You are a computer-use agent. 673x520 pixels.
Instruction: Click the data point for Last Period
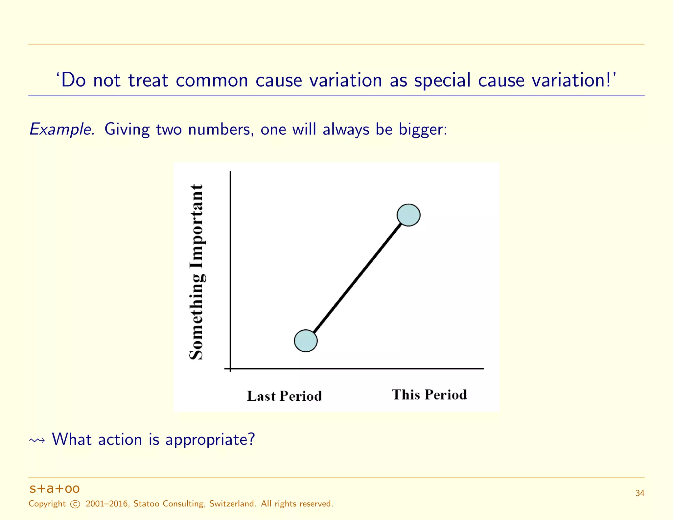tap(306, 341)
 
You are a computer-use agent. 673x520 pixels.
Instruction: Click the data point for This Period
tap(408, 215)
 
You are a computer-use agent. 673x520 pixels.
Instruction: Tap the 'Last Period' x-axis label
tap(284, 396)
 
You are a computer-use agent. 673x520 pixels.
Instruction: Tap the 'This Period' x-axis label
tap(429, 395)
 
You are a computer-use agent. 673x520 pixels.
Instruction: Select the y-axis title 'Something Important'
tap(197, 272)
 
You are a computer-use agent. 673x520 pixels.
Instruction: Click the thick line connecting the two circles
tap(357, 278)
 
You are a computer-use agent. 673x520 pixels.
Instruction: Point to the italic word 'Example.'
tap(62, 130)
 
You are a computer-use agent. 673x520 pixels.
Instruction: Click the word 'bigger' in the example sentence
tap(422, 130)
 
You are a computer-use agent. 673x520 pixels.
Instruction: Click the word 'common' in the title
tap(212, 80)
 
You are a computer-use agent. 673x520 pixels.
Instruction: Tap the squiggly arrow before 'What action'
tap(37, 440)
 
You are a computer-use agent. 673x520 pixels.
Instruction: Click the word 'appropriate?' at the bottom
tap(210, 440)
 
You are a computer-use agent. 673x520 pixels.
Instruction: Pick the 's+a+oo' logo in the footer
tap(55, 489)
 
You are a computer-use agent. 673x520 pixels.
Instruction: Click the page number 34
tap(639, 493)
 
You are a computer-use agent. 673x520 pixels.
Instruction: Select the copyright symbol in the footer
tap(75, 504)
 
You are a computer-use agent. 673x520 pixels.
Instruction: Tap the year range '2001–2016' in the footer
tap(107, 504)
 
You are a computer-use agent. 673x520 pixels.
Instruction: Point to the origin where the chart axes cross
tap(230, 368)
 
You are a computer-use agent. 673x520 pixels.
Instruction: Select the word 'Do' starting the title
tap(73, 80)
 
